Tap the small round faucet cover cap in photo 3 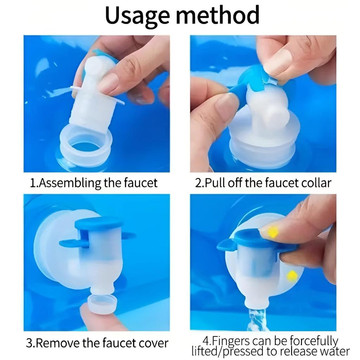pos(102,303)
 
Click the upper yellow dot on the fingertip pos(273,232)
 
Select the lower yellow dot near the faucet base pos(292,276)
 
